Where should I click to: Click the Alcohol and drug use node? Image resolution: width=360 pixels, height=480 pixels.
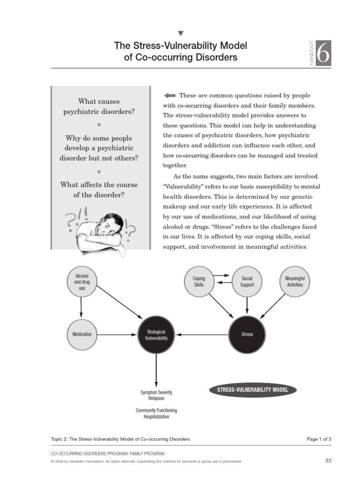[82, 282]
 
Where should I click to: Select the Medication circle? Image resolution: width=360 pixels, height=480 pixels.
[82, 334]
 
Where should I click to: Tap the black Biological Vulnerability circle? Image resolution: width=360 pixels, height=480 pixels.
[156, 334]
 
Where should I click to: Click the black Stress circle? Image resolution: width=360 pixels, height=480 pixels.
[247, 334]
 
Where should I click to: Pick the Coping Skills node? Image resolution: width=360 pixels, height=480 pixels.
[199, 282]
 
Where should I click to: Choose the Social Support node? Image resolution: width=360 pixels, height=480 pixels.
[247, 282]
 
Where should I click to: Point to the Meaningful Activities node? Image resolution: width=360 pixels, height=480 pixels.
[294, 282]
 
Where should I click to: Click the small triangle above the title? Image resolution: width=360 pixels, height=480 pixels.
[181, 33]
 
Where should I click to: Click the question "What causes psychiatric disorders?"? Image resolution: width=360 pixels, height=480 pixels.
[99, 106]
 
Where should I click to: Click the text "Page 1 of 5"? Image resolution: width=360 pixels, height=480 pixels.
[319, 439]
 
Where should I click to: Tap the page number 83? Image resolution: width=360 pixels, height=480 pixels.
[328, 461]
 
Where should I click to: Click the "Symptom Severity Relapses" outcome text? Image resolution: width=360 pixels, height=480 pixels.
[156, 395]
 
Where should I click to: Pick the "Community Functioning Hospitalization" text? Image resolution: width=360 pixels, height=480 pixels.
[156, 413]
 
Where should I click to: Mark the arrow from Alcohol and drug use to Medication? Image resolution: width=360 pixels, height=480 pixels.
[82, 307]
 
